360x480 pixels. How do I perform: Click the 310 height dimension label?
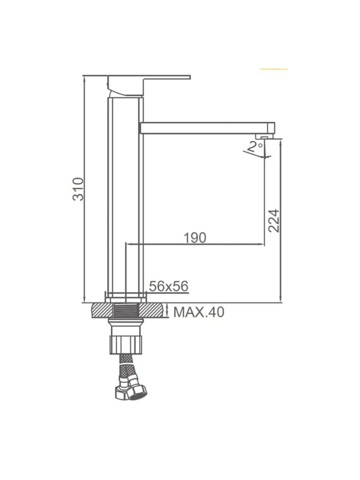(78, 189)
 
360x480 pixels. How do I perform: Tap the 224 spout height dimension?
(274, 221)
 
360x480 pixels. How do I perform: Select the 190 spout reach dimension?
(195, 238)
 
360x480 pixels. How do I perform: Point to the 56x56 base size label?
(169, 286)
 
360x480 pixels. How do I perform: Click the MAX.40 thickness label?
(199, 312)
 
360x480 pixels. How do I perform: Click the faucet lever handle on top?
(149, 86)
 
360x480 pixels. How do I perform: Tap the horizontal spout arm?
(207, 128)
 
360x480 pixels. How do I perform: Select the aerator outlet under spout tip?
(263, 137)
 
